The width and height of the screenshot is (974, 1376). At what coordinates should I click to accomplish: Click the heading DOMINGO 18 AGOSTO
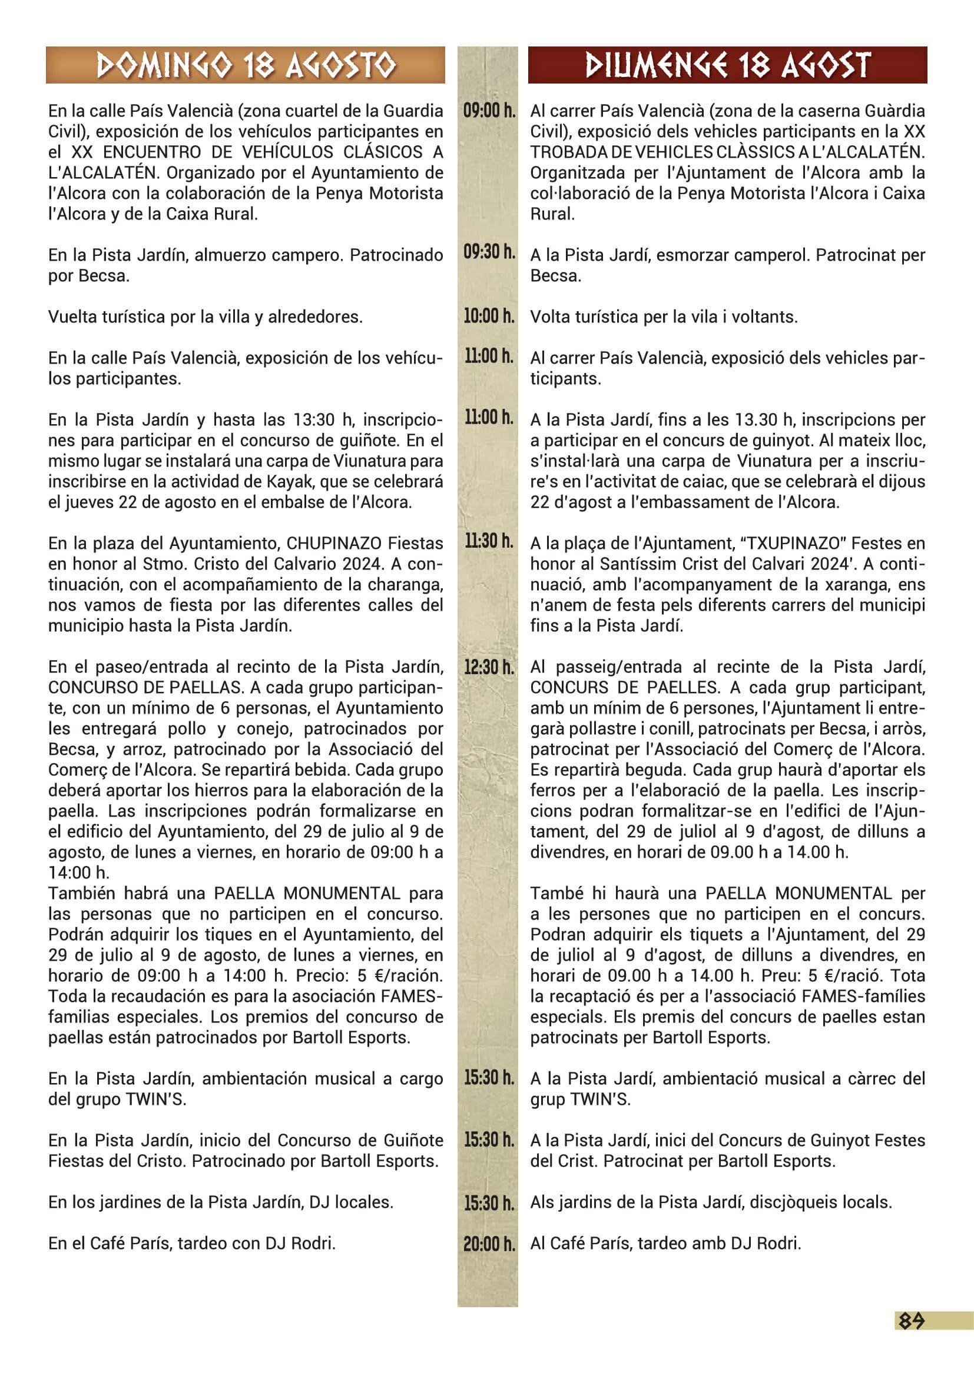click(x=246, y=65)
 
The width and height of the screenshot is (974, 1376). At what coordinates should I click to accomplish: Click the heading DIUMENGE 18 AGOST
click(x=727, y=65)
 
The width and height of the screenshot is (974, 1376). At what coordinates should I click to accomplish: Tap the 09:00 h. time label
click(x=489, y=111)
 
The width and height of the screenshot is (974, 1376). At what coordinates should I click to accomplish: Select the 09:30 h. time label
click(x=489, y=252)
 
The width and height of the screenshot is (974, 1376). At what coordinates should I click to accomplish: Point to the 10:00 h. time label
click(x=489, y=316)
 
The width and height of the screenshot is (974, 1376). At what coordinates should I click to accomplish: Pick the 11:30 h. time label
click(x=489, y=542)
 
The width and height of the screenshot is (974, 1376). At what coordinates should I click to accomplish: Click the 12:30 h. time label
click(x=489, y=667)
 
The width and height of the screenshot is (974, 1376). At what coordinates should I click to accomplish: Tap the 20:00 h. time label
click(x=489, y=1244)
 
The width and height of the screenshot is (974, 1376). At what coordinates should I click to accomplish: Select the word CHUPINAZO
click(x=334, y=544)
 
